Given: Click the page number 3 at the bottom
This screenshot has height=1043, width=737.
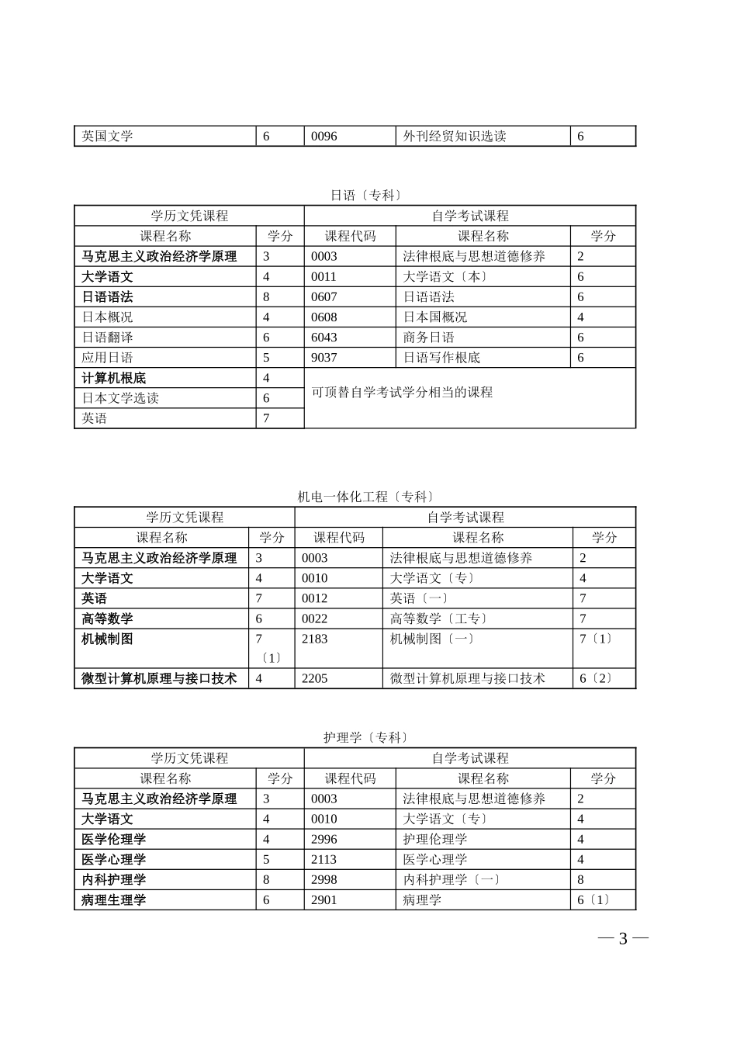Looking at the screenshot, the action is [x=622, y=939].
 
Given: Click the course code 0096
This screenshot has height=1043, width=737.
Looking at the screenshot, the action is [x=324, y=136].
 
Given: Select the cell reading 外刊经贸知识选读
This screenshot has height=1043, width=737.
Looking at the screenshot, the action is [x=455, y=136].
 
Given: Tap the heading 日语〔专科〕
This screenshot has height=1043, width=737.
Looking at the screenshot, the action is [x=366, y=195].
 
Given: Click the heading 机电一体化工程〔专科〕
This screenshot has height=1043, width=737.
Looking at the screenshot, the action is [x=366, y=497].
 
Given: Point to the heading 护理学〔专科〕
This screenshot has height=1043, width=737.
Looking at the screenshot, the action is [x=366, y=737].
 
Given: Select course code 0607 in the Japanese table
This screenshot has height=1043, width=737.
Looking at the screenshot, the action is [x=324, y=296].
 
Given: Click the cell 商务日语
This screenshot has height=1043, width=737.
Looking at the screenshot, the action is [x=429, y=337].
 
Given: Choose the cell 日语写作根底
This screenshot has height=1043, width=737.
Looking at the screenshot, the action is [x=441, y=357].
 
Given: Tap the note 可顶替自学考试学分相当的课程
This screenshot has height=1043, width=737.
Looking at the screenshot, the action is [x=402, y=392].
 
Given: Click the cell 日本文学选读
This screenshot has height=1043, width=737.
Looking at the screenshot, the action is [x=120, y=398].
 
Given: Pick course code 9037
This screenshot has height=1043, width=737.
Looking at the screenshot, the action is [x=324, y=357].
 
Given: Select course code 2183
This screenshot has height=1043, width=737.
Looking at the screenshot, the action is [x=315, y=639].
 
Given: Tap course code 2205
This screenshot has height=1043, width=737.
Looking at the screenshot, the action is [x=315, y=677].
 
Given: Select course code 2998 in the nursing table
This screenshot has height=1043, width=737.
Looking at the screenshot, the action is [x=324, y=879].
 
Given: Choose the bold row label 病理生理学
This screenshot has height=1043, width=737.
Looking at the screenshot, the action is [x=114, y=899].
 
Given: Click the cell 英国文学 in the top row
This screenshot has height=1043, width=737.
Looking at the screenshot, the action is [x=108, y=136].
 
